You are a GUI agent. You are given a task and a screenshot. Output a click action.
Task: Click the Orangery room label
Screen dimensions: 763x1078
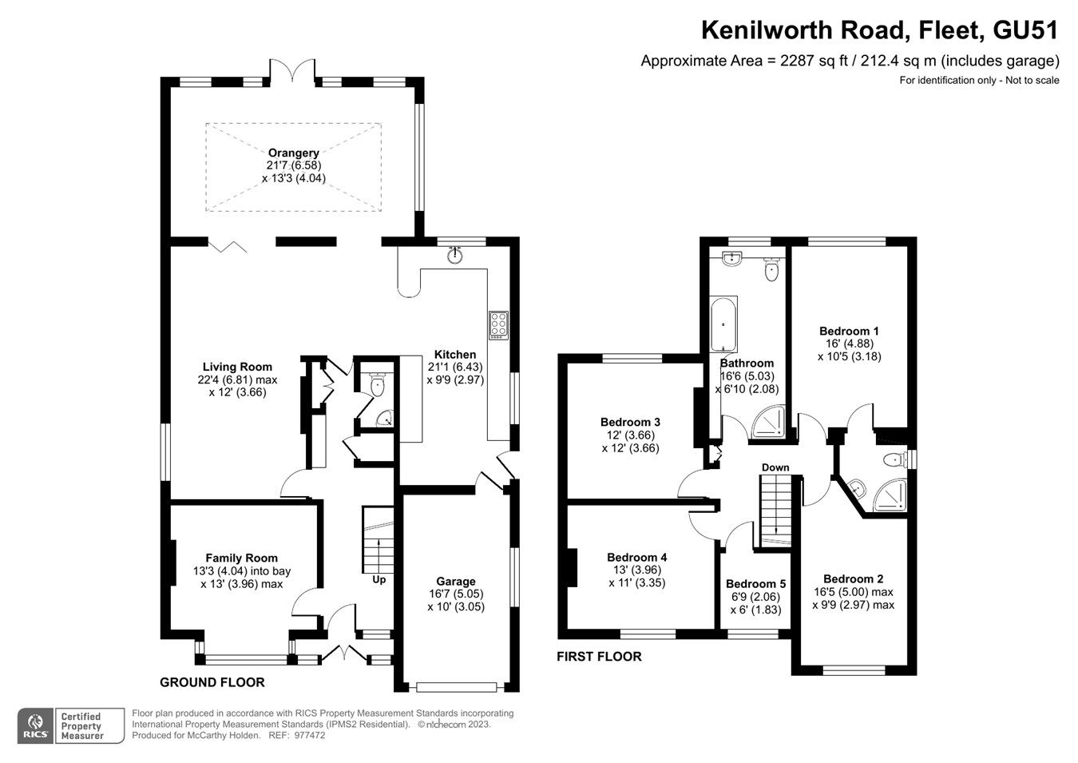point(293,153)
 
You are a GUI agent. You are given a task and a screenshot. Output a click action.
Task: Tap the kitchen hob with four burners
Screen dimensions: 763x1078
point(499,324)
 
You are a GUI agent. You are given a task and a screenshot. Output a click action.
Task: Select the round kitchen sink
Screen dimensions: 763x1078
point(455,255)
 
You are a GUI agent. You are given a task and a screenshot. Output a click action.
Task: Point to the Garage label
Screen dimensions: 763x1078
point(455,581)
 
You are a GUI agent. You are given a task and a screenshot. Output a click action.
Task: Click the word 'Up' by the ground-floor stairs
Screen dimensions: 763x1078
point(378,579)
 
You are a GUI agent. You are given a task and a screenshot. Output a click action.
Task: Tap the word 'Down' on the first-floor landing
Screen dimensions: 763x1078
point(775,467)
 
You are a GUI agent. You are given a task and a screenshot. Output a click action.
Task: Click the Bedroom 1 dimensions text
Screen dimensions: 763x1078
point(849,350)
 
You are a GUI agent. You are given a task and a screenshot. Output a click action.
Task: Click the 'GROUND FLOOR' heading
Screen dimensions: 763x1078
point(212,682)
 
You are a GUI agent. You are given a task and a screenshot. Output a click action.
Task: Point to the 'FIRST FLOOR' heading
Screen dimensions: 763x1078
point(599,657)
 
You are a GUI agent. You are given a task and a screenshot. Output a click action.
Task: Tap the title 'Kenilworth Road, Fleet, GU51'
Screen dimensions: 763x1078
point(879,30)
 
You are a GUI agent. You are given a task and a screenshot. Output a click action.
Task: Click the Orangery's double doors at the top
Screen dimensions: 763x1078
point(294,70)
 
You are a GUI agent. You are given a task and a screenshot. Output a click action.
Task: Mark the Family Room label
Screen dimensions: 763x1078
point(241,558)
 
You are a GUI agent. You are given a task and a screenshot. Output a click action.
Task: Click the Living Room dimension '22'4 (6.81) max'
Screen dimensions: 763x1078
point(237,380)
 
